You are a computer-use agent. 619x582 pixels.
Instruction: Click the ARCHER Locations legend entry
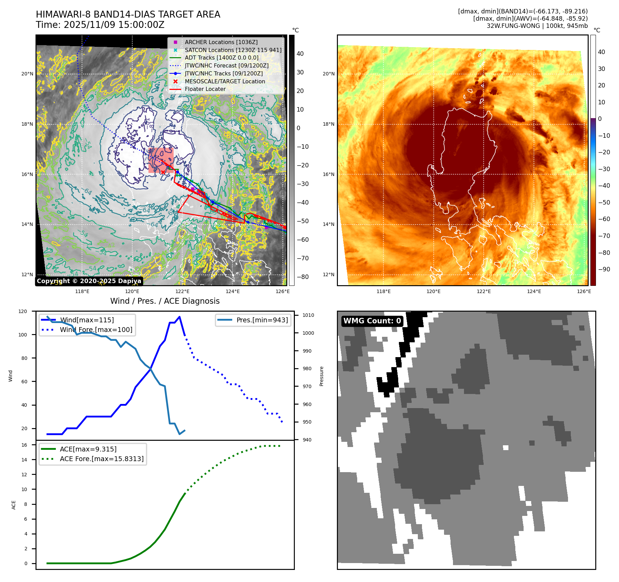(221, 42)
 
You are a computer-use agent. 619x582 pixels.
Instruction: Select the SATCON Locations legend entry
(233, 50)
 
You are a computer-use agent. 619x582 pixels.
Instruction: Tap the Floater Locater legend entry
(205, 89)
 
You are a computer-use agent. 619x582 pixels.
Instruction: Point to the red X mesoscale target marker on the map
(163, 172)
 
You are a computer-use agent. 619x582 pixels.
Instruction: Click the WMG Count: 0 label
(372, 321)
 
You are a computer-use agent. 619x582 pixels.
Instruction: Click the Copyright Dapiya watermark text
(89, 281)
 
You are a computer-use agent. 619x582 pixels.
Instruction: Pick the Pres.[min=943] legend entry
(262, 320)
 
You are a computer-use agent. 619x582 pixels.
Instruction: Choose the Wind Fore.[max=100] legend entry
(96, 330)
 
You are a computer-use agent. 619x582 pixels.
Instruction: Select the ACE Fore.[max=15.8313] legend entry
(102, 459)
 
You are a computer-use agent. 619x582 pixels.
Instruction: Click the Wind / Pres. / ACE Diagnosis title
(165, 301)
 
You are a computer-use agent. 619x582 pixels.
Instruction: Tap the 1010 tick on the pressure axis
(308, 315)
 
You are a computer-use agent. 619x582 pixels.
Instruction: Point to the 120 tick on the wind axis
(23, 311)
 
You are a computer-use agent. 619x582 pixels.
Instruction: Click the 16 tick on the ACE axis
(24, 445)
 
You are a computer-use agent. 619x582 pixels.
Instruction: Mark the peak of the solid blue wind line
(179, 317)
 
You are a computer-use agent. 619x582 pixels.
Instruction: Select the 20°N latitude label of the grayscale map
(27, 74)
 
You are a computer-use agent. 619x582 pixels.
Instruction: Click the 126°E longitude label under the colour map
(584, 291)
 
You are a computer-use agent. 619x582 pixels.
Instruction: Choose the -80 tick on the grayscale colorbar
(302, 277)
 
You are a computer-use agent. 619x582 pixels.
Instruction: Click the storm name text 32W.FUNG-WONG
(513, 26)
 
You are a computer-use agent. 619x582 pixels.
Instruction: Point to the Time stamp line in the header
(100, 25)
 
